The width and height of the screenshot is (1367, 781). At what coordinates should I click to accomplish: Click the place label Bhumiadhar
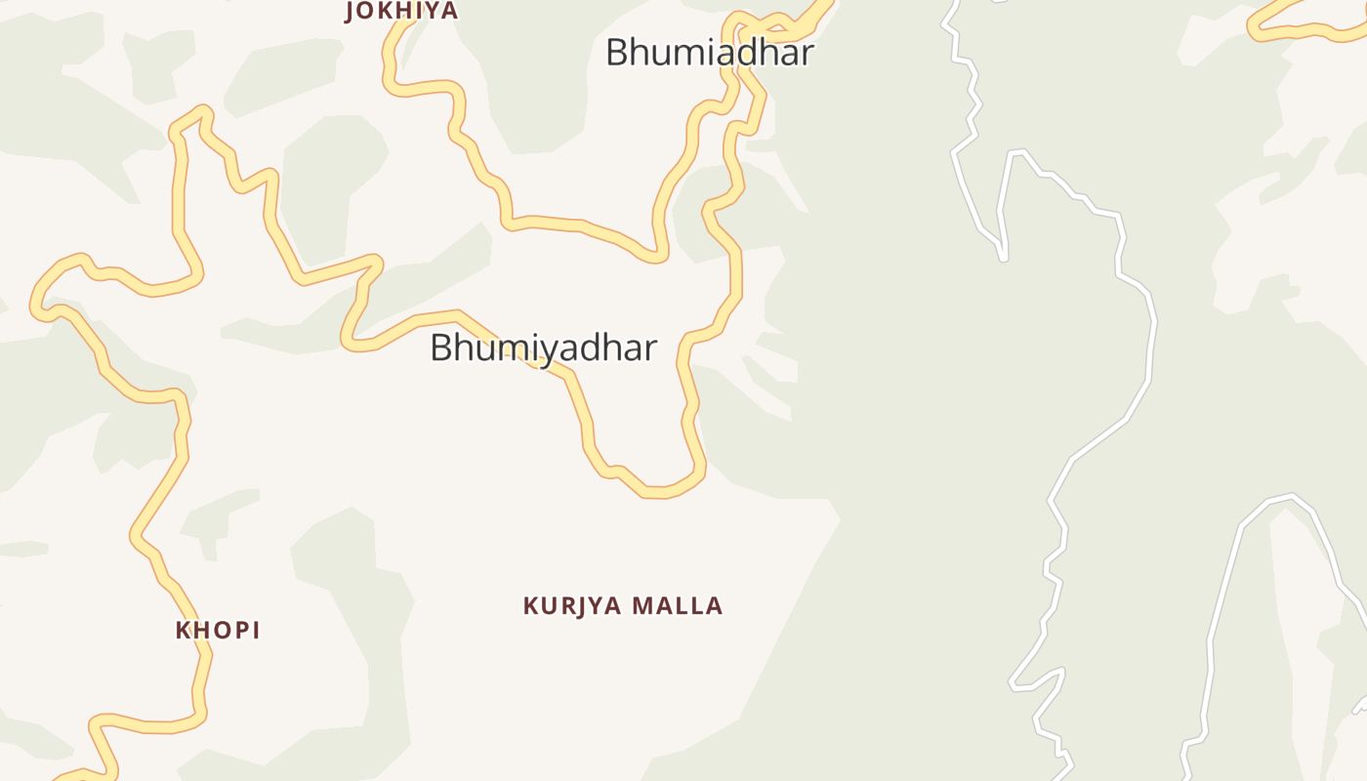click(x=709, y=53)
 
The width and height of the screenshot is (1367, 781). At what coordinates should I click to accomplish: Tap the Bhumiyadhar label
click(x=543, y=348)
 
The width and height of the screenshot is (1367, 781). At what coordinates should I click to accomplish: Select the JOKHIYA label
click(x=401, y=12)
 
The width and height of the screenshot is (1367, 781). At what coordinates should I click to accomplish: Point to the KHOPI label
click(x=218, y=631)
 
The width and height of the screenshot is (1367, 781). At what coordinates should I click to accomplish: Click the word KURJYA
click(x=572, y=606)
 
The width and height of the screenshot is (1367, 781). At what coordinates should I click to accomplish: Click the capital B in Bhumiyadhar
click(x=441, y=348)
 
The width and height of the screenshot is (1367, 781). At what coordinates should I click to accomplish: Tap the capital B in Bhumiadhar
click(x=617, y=53)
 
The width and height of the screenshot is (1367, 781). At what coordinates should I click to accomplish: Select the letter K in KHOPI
click(x=183, y=631)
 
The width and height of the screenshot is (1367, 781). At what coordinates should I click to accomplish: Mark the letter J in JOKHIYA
click(x=352, y=12)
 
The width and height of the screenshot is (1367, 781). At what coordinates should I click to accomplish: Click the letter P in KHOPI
click(x=237, y=631)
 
